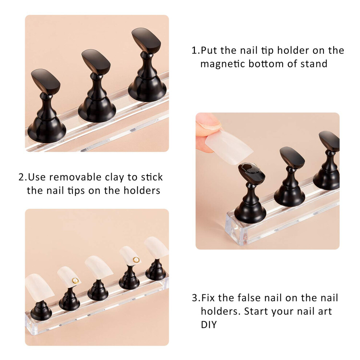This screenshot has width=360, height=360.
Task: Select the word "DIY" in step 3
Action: pyautogui.click(x=209, y=325)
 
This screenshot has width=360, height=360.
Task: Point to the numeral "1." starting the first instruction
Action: pyautogui.click(x=196, y=50)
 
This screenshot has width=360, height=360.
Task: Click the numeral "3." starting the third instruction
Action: pyautogui.click(x=196, y=298)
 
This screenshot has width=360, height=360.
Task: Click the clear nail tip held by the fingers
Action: pyautogui.click(x=229, y=147)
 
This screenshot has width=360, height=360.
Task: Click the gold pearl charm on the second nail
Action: pyautogui.click(x=75, y=280)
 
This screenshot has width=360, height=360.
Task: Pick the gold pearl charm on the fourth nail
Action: pyautogui.click(x=136, y=260)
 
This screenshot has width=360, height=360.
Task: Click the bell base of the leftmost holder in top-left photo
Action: pyautogui.click(x=47, y=129)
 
